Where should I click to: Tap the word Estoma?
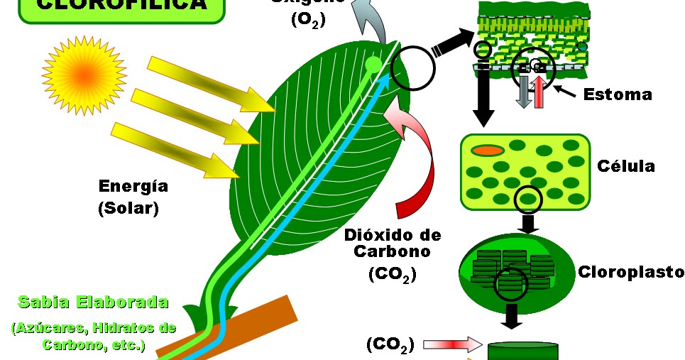click(x=617, y=94)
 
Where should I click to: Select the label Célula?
click(x=625, y=166)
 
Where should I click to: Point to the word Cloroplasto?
click(x=631, y=272)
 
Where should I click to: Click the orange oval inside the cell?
click(x=488, y=151)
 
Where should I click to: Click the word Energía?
click(x=133, y=187)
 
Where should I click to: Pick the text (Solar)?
click(x=128, y=209)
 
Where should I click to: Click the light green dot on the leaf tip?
click(x=373, y=66)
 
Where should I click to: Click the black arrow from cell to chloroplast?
click(x=527, y=224)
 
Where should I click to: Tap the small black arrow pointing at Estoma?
click(x=566, y=90)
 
